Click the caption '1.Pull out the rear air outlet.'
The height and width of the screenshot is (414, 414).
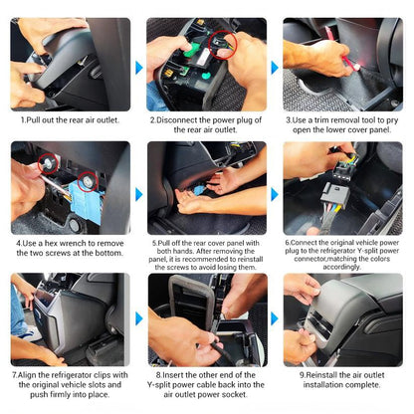coord(70,119)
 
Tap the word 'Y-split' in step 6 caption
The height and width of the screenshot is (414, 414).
coord(376,251)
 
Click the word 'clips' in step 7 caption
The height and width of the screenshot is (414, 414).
coord(103,375)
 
